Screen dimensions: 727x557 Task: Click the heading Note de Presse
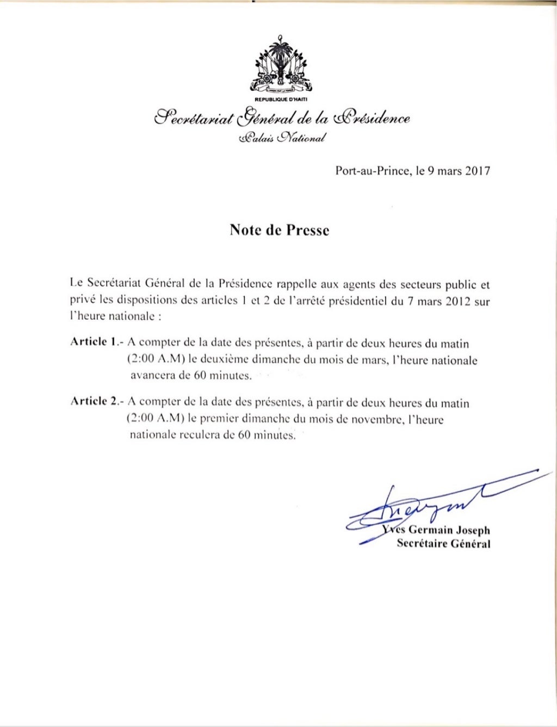point(278,231)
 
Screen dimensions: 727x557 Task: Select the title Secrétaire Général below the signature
point(444,544)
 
